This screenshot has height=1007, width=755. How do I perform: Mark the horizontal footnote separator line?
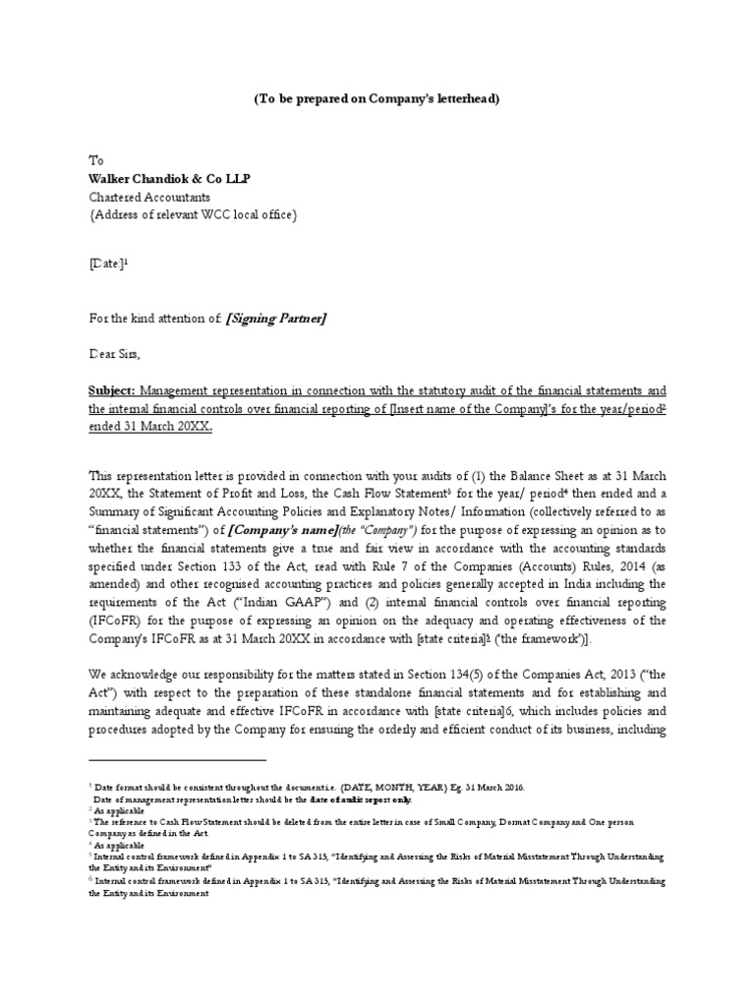tap(177, 758)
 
